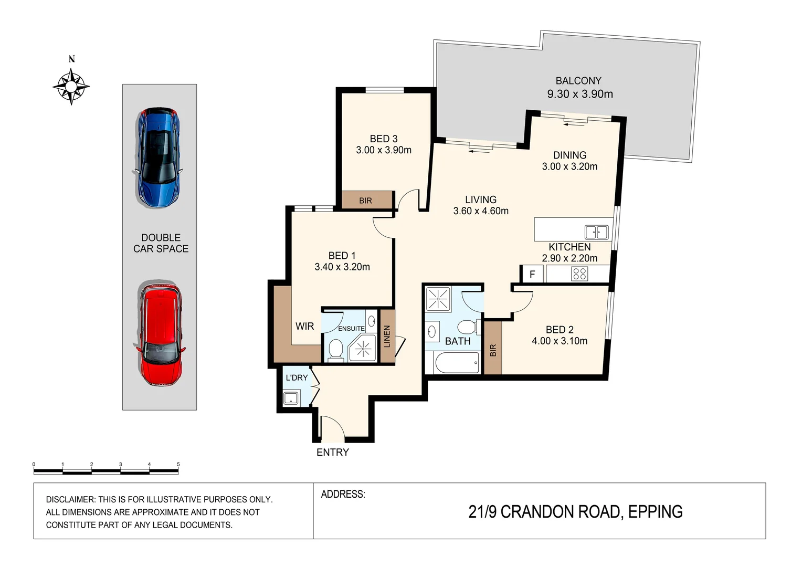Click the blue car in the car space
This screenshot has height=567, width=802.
[158, 157]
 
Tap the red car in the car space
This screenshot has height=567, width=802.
[160, 333]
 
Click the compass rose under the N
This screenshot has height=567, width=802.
[71, 86]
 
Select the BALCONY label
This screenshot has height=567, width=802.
[578, 81]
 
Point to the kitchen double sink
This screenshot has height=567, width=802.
[596, 232]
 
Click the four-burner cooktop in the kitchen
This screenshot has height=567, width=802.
[579, 274]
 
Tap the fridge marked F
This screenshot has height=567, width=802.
[532, 275]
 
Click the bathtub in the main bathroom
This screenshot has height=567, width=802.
[457, 362]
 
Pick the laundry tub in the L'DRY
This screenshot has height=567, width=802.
[291, 398]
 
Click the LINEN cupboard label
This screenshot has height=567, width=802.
[387, 337]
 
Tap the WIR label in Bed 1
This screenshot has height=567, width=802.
[305, 326]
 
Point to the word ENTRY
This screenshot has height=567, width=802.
[333, 453]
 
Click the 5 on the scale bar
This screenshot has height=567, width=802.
[178, 464]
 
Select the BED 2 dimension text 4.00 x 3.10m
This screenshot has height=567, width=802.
[560, 341]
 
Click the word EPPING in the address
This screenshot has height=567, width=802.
[655, 511]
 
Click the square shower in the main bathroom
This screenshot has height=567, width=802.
[438, 299]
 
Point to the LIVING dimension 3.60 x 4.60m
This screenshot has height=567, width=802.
[481, 211]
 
